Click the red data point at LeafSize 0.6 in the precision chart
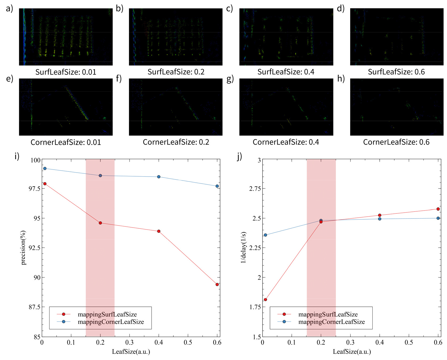217,284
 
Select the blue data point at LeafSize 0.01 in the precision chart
45,169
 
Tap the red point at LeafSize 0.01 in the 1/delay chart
265,300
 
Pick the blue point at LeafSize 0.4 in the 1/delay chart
380,219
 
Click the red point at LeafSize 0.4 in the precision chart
159,231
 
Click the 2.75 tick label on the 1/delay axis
255,188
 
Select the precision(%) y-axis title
23,248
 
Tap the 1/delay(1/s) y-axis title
243,247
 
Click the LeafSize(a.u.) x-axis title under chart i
131,352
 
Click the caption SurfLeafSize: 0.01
66,72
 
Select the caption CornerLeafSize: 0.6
396,142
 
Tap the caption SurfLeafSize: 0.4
286,72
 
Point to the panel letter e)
10,79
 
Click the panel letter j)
240,157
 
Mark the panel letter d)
341,8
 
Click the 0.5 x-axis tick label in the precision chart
188,342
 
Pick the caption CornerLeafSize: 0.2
176,142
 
